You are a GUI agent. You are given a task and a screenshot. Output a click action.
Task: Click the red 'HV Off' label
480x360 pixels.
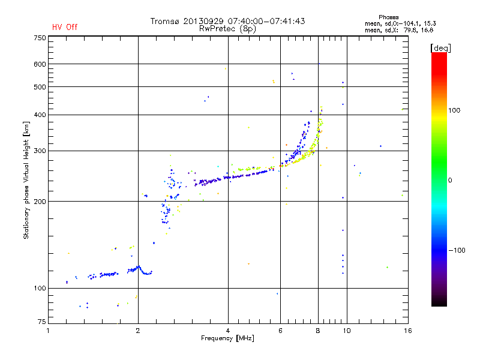coord(64,27)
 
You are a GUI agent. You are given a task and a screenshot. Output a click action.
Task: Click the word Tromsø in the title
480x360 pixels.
coord(165,21)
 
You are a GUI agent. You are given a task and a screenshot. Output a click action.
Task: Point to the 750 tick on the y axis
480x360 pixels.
coord(40,38)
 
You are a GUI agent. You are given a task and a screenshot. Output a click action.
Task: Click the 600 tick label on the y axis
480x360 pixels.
coord(40,64)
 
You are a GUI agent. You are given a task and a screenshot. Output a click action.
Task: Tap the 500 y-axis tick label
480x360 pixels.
coord(40,87)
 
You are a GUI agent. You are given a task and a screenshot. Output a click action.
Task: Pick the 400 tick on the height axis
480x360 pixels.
coord(40,115)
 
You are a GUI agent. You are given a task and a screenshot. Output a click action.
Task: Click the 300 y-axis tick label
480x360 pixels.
coord(40,151)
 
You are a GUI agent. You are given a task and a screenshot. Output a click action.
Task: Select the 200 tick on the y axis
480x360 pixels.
coord(40,201)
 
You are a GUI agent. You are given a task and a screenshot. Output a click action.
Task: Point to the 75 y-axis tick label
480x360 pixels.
coord(41,323)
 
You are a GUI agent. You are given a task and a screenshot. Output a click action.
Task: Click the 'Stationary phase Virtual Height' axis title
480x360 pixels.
coord(26,180)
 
